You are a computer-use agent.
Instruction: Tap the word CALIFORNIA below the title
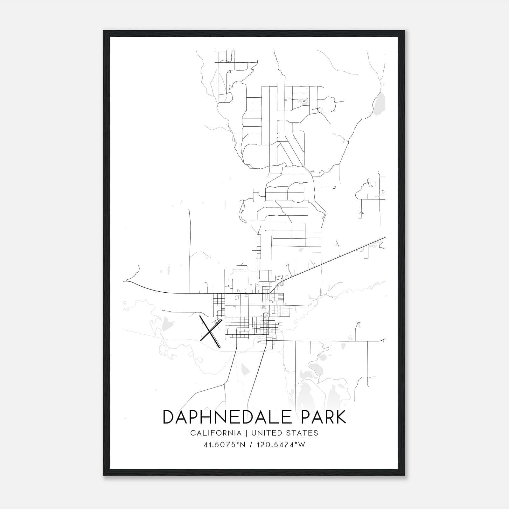216,433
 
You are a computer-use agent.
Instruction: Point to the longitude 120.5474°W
281,445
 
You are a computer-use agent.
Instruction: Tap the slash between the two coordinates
251,445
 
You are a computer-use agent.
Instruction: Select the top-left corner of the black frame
104,31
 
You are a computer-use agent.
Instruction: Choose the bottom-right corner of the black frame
404,475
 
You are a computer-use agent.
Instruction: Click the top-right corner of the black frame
404,31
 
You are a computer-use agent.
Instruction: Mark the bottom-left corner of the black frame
104,475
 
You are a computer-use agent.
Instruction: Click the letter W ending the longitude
302,445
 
